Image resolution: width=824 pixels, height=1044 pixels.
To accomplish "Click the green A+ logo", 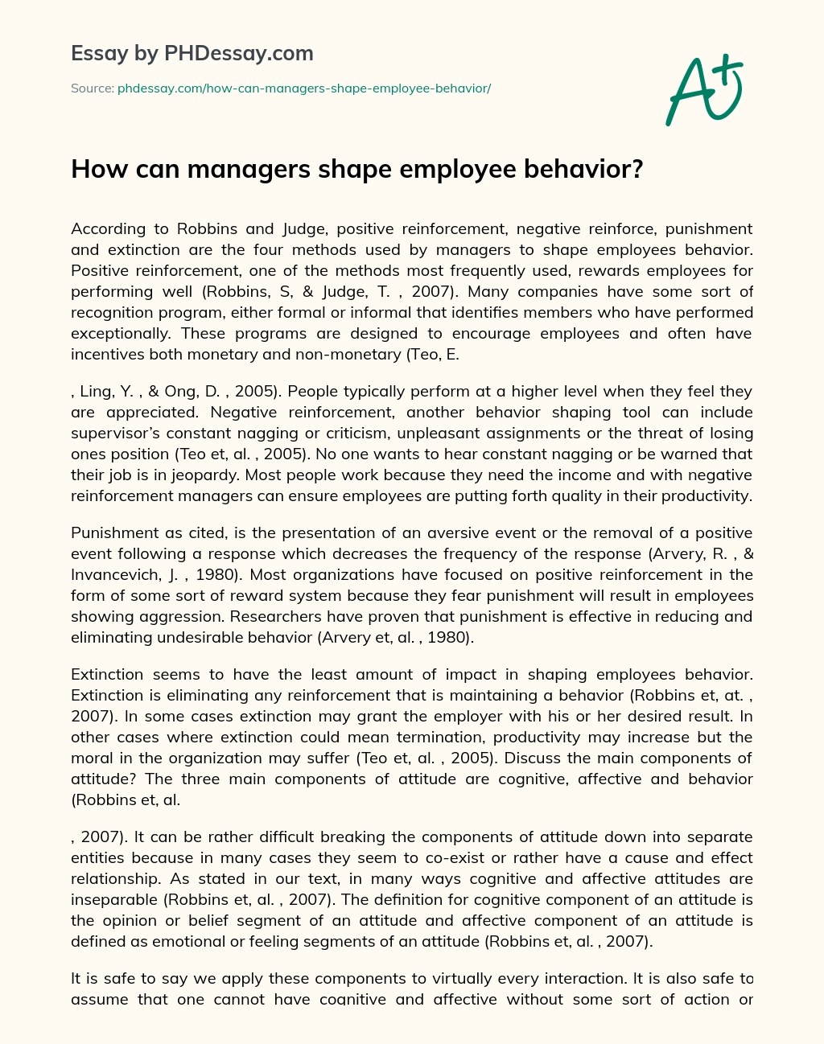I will (704, 89).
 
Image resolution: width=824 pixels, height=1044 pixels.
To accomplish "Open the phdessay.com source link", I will (304, 88).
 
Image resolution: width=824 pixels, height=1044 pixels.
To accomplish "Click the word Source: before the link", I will (92, 88).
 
